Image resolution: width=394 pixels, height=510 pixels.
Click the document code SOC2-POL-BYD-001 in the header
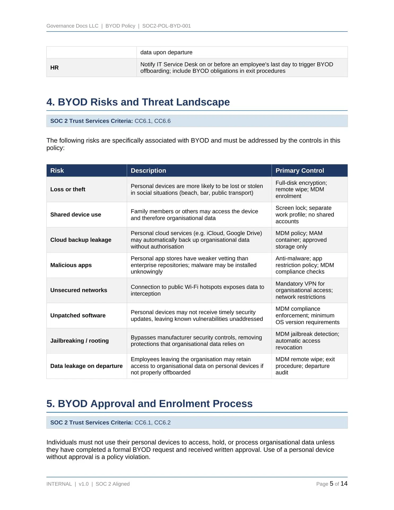pyautogui.click(x=166, y=26)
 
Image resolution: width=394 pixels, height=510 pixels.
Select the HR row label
pyautogui.click(x=54, y=68)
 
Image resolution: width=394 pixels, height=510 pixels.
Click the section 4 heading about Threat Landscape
pyautogui.click(x=138, y=102)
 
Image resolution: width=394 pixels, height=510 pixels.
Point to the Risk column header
pyautogui.click(x=57, y=171)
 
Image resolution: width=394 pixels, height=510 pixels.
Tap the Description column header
pyautogui.click(x=148, y=171)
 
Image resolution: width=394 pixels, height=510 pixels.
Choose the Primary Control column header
pyautogui.click(x=299, y=171)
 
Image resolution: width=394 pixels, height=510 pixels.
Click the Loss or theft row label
pyautogui.click(x=68, y=189)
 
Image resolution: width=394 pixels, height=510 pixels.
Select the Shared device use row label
pyautogui.click(x=76, y=215)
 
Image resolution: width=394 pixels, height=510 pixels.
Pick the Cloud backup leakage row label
pyautogui.click(x=81, y=240)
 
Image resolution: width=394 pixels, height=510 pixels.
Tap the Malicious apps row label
pyautogui.click(x=71, y=265)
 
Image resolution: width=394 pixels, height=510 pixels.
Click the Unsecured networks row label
pyautogui.click(x=79, y=290)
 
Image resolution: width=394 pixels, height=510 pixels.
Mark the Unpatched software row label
pyautogui.click(x=78, y=316)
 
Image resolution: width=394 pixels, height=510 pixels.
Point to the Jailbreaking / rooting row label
pyautogui.click(x=79, y=341)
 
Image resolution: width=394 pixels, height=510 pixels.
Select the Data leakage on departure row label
pyautogui.click(x=86, y=366)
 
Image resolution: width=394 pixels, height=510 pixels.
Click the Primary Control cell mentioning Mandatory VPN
pyautogui.click(x=304, y=290)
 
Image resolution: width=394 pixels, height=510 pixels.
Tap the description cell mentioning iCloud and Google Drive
pyautogui.click(x=196, y=240)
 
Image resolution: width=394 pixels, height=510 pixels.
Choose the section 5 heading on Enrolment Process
pyautogui.click(x=149, y=403)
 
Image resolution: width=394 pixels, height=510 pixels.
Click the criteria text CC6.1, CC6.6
pyautogui.click(x=152, y=121)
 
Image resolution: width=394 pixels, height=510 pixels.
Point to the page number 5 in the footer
pyautogui.click(x=331, y=484)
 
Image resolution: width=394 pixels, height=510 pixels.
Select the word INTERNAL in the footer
pyautogui.click(x=59, y=484)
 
